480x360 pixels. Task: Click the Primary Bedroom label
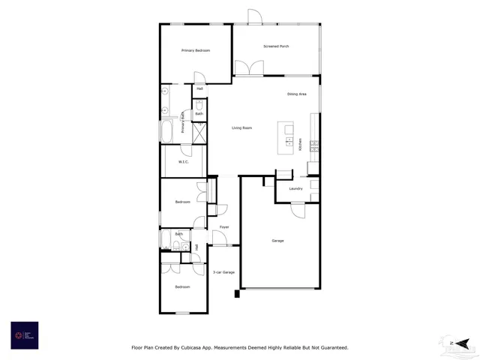[195, 50]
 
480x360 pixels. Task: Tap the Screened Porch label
[276, 46]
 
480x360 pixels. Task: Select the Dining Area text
[297, 94]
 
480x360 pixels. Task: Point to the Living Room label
[241, 128]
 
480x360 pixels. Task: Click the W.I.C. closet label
[184, 162]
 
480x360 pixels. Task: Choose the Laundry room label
[295, 188]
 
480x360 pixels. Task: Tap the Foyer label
[223, 226]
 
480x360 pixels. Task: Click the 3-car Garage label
[223, 272]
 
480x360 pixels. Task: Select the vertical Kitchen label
[301, 145]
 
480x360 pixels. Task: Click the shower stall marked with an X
[199, 133]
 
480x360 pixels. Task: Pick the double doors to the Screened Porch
[248, 68]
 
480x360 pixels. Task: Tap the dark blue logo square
[24, 335]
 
